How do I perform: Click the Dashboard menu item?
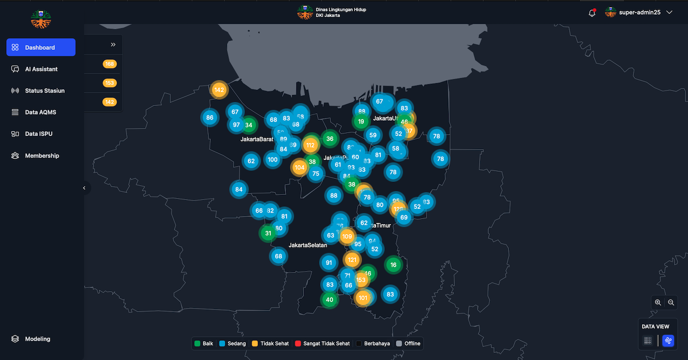(40, 47)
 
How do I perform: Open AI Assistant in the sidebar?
(41, 69)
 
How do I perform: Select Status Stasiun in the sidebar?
(45, 91)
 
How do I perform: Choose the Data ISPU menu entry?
(39, 134)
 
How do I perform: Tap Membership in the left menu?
(42, 156)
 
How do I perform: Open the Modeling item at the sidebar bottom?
(38, 339)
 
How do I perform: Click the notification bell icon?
(592, 13)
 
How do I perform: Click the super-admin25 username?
(640, 12)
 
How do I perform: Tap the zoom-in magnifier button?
(658, 303)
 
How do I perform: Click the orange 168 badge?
(110, 64)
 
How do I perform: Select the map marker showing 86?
(209, 117)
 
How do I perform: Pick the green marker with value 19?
(361, 122)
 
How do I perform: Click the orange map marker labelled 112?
(310, 145)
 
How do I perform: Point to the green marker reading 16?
(393, 265)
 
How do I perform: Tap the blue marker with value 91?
(329, 263)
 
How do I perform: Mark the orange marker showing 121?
(352, 260)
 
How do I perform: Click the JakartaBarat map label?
(257, 139)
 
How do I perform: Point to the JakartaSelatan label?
(308, 245)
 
